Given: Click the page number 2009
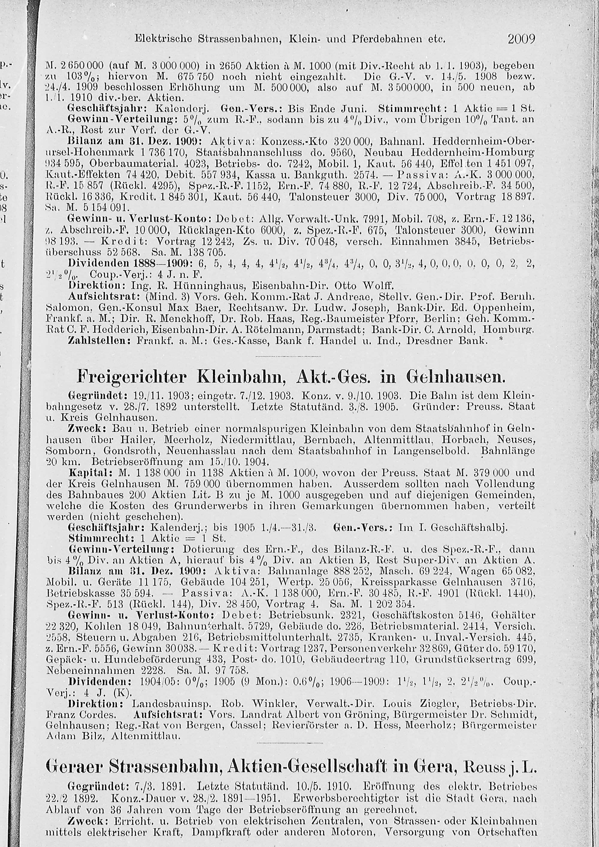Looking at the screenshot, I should (x=521, y=39).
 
